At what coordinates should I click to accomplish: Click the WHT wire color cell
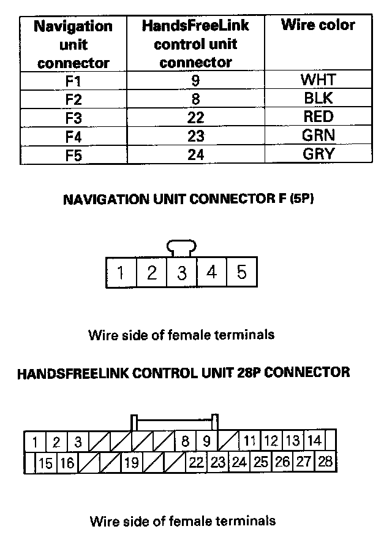[x=318, y=80]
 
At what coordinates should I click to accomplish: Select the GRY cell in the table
[x=318, y=154]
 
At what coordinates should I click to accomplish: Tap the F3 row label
[x=73, y=117]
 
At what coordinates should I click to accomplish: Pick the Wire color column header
[x=318, y=25]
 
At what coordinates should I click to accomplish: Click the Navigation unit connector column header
[x=73, y=44]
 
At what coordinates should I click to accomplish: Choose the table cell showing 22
[x=195, y=117]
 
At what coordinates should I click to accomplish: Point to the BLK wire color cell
[x=318, y=98]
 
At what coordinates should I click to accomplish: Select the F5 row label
[x=73, y=154]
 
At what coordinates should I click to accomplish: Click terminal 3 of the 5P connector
[x=181, y=272]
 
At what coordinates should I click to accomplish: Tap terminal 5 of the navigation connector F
[x=241, y=272]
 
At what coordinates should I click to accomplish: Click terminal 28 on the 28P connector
[x=325, y=462]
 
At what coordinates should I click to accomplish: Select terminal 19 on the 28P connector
[x=131, y=463]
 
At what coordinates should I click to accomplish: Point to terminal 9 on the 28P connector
[x=206, y=441]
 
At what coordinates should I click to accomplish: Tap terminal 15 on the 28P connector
[x=45, y=463]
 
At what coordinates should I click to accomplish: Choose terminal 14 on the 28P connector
[x=314, y=441]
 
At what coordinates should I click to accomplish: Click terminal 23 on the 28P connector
[x=217, y=462]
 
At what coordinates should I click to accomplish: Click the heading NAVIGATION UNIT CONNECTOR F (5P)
[x=189, y=199]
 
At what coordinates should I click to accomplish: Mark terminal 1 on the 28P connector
[x=35, y=441]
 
